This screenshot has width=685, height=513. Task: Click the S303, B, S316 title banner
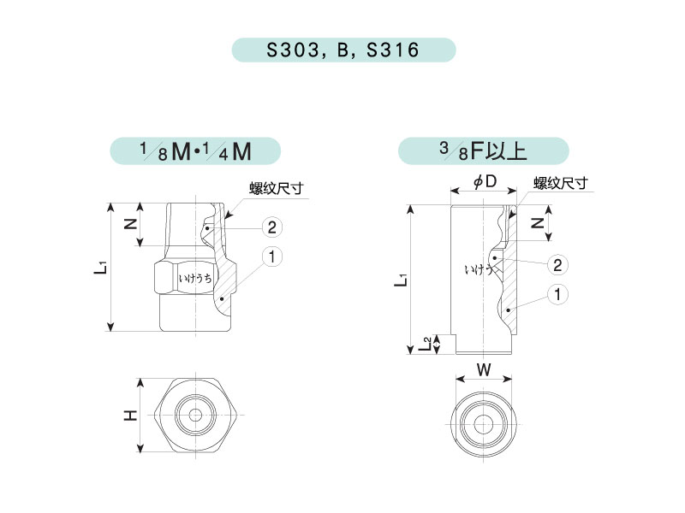(x=343, y=50)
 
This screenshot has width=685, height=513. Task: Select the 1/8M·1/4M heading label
(x=195, y=151)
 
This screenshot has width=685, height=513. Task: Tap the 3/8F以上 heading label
(x=483, y=151)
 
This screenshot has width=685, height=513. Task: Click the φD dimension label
(x=485, y=181)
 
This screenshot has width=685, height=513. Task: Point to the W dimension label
(x=484, y=370)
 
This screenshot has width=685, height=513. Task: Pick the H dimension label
(x=130, y=416)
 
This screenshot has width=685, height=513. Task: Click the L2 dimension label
(x=425, y=344)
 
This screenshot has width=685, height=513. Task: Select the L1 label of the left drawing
(x=100, y=267)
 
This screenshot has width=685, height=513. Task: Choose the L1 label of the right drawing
(x=401, y=280)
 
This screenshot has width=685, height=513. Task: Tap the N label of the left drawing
(x=131, y=224)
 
